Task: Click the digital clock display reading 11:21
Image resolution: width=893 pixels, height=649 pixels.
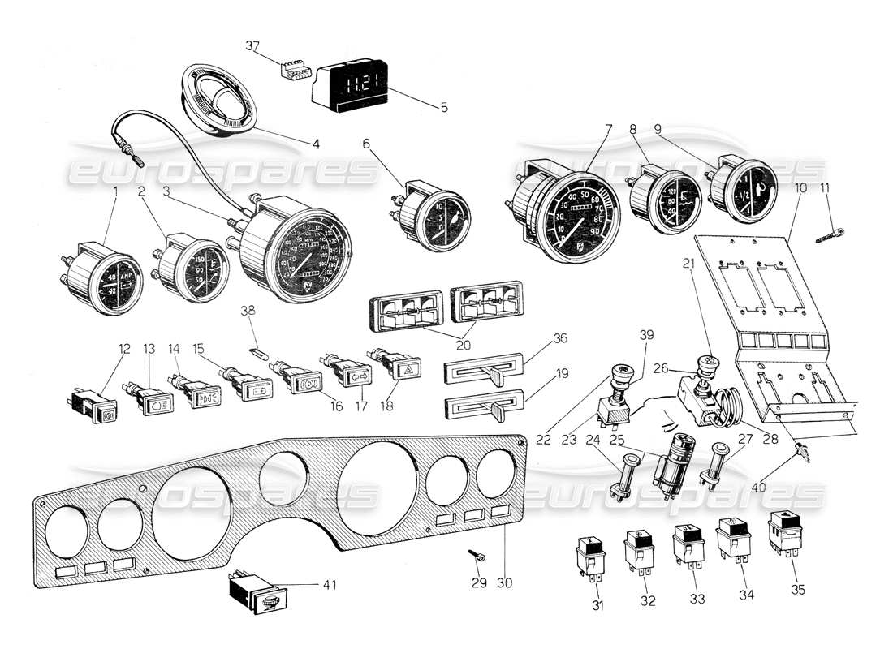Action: [355, 84]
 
